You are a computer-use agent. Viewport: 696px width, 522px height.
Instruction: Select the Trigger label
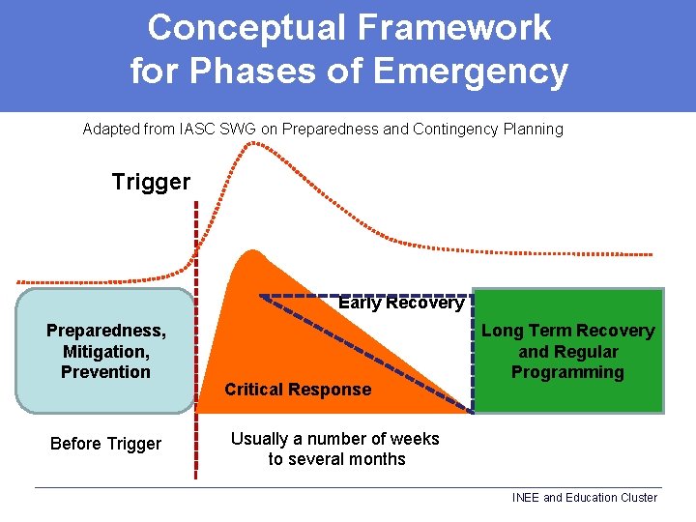click(151, 182)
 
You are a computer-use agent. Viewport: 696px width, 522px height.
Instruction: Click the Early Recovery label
click(400, 303)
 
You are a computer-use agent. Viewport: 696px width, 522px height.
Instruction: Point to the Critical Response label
click(298, 390)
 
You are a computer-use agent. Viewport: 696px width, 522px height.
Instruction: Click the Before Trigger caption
click(105, 444)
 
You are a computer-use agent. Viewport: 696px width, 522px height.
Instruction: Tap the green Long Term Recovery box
click(567, 351)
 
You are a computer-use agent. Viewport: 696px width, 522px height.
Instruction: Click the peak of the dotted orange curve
click(253, 144)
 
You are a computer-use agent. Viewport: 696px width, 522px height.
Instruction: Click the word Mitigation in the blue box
click(105, 352)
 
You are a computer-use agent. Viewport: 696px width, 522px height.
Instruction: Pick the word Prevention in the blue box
click(105, 372)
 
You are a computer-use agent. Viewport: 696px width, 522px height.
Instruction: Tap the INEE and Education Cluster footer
click(584, 498)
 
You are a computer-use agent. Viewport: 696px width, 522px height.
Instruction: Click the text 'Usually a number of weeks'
click(334, 439)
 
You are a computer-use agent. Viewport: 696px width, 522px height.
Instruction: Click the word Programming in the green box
click(567, 372)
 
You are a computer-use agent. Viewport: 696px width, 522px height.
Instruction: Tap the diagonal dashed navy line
click(367, 354)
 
